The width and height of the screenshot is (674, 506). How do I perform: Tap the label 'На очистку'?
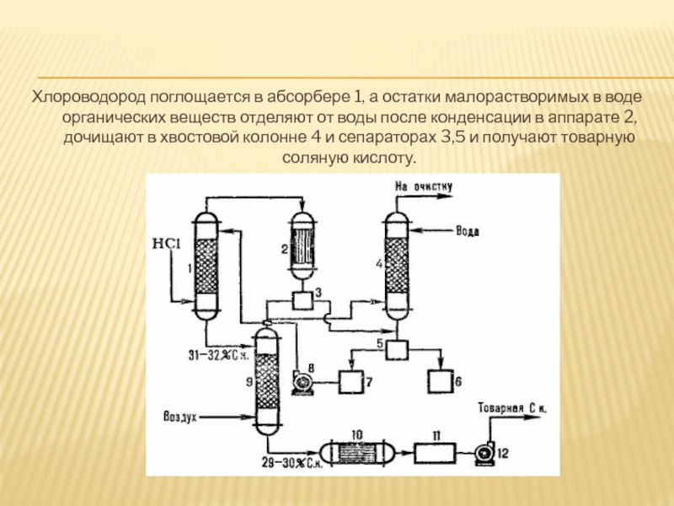tap(424, 186)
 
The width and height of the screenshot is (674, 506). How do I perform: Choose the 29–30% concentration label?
tap(291, 463)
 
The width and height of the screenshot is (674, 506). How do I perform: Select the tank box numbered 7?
tap(352, 381)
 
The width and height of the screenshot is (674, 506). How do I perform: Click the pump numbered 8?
tap(301, 382)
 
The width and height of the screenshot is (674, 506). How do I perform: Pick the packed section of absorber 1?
tap(206, 265)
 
